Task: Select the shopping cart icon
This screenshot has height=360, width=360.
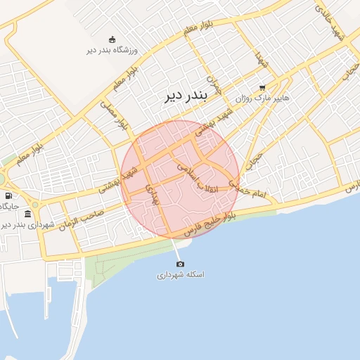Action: pyautogui.click(x=262, y=89)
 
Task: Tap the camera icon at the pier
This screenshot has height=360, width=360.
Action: pyautogui.click(x=180, y=264)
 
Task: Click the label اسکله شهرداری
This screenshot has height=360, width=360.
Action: pyautogui.click(x=180, y=275)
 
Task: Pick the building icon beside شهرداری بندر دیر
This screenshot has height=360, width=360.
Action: pyautogui.click(x=27, y=214)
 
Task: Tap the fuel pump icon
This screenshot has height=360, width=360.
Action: pyautogui.click(x=8, y=195)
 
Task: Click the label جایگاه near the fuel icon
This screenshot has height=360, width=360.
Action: pyautogui.click(x=8, y=206)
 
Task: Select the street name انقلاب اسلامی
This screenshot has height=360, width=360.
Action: pyautogui.click(x=198, y=178)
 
